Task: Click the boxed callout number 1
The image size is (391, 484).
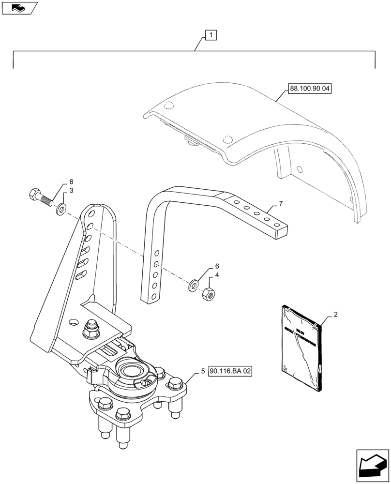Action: tap(211, 35)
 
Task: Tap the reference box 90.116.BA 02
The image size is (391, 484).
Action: tap(230, 371)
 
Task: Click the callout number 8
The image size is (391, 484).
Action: tap(71, 182)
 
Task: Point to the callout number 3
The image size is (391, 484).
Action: tap(71, 191)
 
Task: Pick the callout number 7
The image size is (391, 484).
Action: tap(280, 203)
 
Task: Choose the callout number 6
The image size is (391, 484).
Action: tap(217, 266)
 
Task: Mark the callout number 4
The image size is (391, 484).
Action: tap(217, 275)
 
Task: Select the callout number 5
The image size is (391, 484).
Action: tap(203, 371)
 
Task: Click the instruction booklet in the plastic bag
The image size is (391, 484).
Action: tap(300, 348)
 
